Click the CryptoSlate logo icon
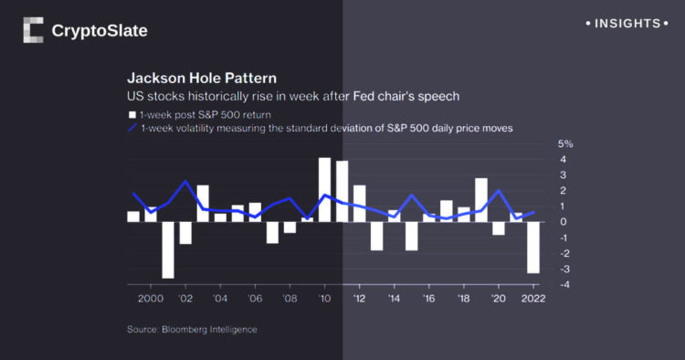(x=33, y=30)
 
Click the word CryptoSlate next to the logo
(x=100, y=31)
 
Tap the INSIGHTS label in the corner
(x=627, y=23)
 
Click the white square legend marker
(x=132, y=114)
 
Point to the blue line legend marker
(x=132, y=129)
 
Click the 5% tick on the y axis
(x=565, y=144)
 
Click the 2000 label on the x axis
(x=151, y=299)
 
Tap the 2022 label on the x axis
(x=533, y=299)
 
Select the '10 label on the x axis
(x=323, y=299)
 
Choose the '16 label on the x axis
(x=428, y=299)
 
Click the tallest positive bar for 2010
(x=324, y=189)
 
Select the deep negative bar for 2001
(x=168, y=249)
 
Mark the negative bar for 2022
(x=532, y=247)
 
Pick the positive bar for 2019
(x=481, y=199)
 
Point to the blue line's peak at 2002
(x=185, y=181)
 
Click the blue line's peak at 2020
(x=499, y=190)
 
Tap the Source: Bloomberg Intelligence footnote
(x=192, y=329)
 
